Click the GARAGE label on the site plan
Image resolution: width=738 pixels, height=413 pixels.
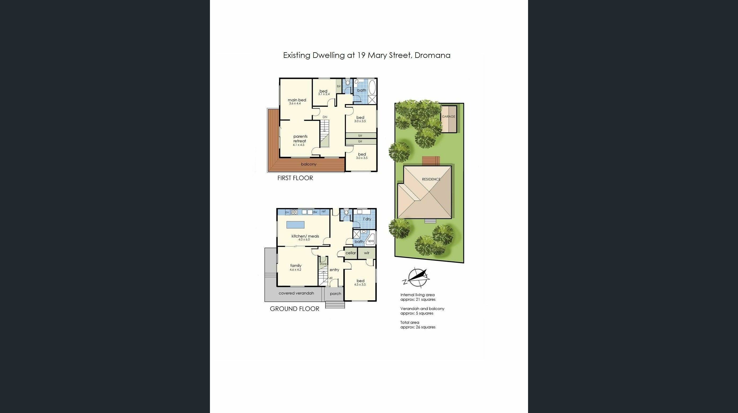[448, 117]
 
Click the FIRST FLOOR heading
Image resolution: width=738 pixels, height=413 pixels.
[295, 178]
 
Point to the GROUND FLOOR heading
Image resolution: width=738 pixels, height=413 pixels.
[294, 309]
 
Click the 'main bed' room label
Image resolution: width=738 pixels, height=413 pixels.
[297, 100]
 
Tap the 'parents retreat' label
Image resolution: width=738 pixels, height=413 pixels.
[300, 139]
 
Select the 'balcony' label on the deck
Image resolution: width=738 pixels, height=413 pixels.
[309, 164]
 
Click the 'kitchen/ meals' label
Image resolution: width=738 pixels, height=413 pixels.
[305, 236]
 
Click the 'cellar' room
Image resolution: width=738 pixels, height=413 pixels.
[351, 253]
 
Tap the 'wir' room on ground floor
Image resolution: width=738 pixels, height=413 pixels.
[367, 253]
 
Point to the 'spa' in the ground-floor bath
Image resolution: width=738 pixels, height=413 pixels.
[371, 241]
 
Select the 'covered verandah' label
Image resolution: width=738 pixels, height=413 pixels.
[296, 293]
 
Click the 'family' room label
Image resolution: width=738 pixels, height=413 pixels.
[296, 266]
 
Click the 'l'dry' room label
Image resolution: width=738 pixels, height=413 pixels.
[367, 219]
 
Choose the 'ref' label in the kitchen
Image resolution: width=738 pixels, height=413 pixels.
[323, 212]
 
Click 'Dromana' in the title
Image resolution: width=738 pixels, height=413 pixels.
[432, 55]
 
